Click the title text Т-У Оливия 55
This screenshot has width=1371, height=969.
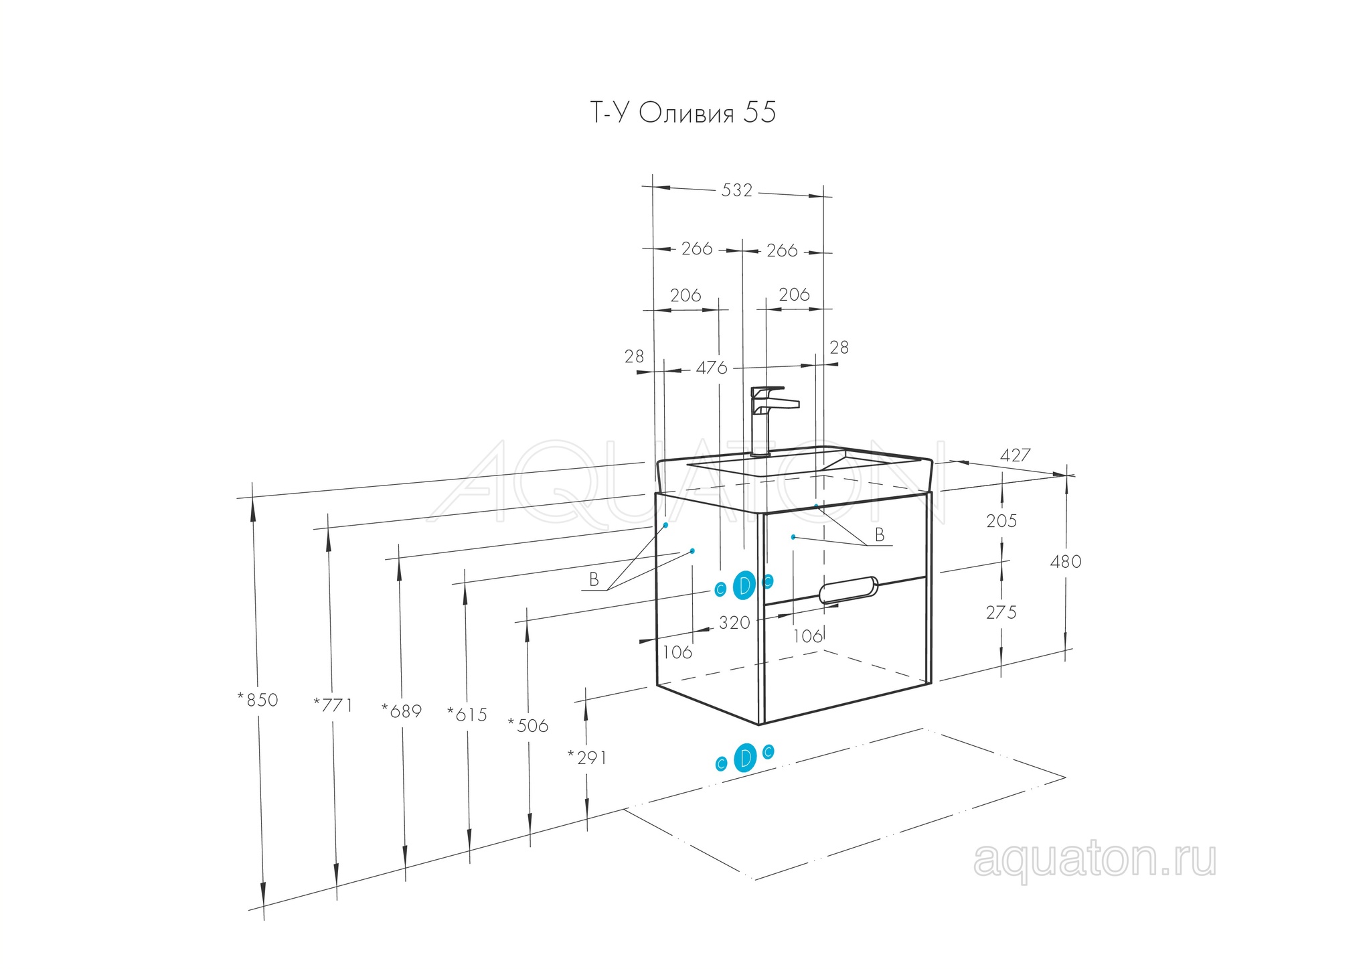[x=683, y=113]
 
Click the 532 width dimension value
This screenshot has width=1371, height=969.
[x=736, y=191]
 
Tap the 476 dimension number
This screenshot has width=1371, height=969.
[x=711, y=368]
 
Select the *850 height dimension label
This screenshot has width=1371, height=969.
[x=257, y=700]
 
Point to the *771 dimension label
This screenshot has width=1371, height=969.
[x=333, y=705]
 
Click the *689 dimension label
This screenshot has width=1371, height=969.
[x=402, y=711]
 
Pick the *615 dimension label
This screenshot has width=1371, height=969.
[x=467, y=715]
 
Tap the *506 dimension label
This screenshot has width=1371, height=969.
[x=528, y=726]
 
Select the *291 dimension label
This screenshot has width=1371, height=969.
[x=587, y=757]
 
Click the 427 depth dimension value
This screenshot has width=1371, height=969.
[x=1015, y=455]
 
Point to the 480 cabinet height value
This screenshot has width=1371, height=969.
[x=1065, y=561]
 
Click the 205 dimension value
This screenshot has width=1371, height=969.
[x=1001, y=521]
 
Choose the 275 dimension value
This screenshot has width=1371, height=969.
[x=1001, y=612]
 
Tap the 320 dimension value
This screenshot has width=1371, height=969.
[x=734, y=623]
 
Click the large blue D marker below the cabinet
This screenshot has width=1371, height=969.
[x=744, y=757]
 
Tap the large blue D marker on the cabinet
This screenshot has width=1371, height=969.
[x=744, y=585]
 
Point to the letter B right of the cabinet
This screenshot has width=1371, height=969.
[x=880, y=535]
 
